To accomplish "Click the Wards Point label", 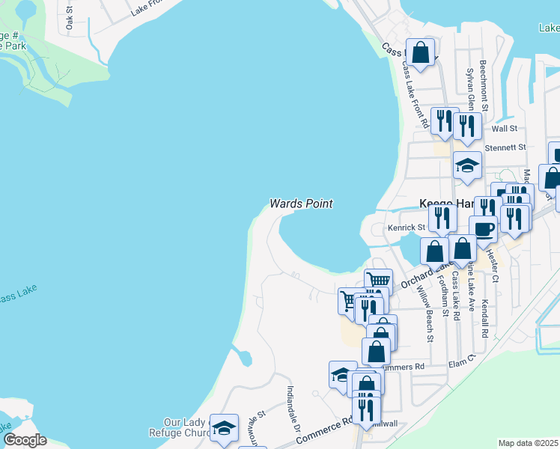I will (x=301, y=204).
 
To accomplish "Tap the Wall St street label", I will (x=499, y=129).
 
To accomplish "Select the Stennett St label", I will (x=506, y=148).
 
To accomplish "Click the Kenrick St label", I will (x=406, y=227).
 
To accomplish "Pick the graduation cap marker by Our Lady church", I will (x=224, y=427).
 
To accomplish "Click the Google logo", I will (x=25, y=440).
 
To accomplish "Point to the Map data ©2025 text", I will (x=529, y=443).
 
